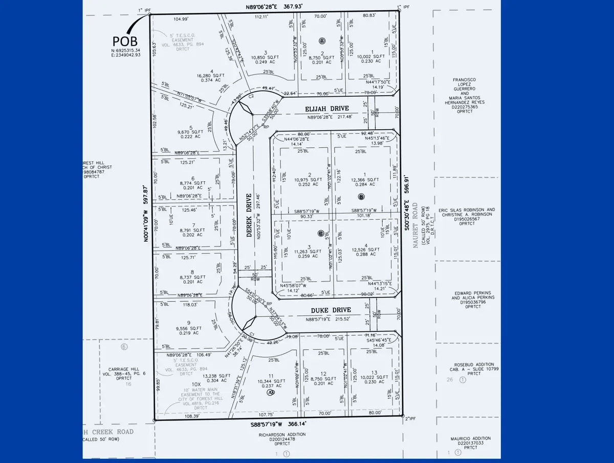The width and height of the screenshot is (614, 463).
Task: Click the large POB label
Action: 125,40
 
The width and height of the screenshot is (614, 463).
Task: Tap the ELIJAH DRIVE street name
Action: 327,109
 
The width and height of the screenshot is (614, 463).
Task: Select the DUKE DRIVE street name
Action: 331,310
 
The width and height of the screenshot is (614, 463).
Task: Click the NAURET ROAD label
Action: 415,225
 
